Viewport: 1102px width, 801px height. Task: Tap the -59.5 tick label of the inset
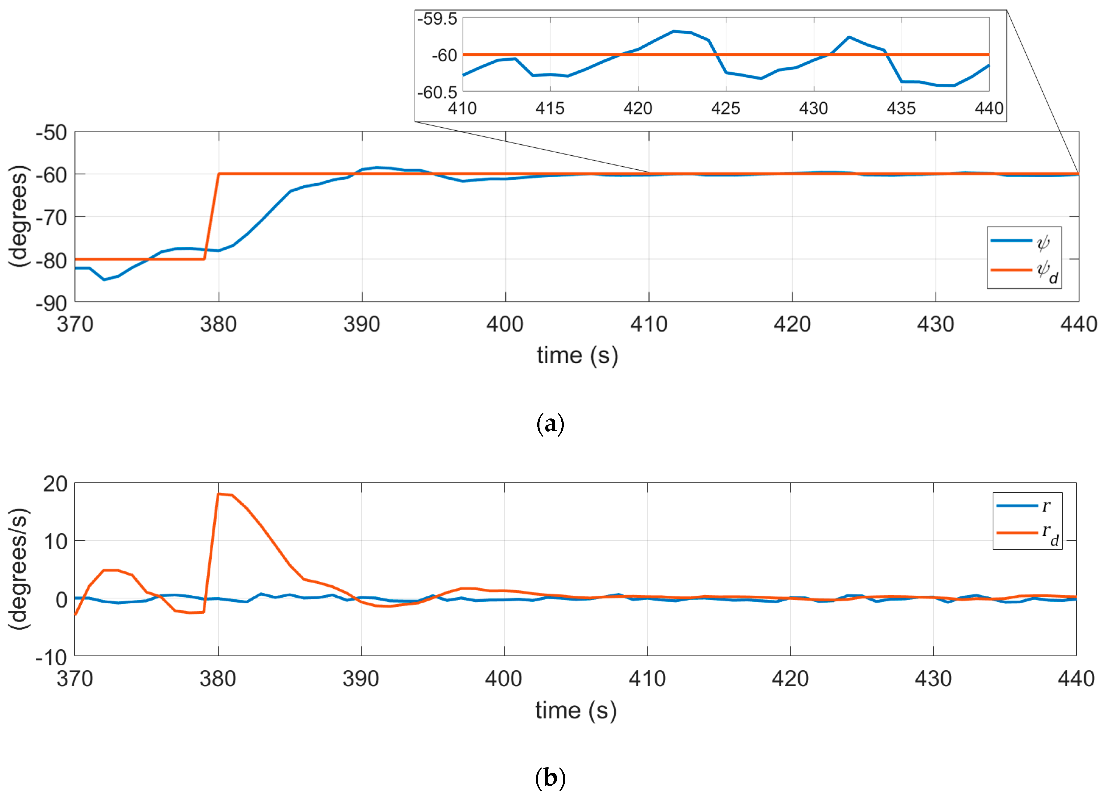point(437,19)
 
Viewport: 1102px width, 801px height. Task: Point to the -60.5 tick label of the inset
point(437,92)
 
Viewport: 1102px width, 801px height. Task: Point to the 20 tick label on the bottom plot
point(55,484)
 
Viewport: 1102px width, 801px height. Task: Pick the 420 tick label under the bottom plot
point(790,679)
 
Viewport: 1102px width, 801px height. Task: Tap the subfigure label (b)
point(550,778)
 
